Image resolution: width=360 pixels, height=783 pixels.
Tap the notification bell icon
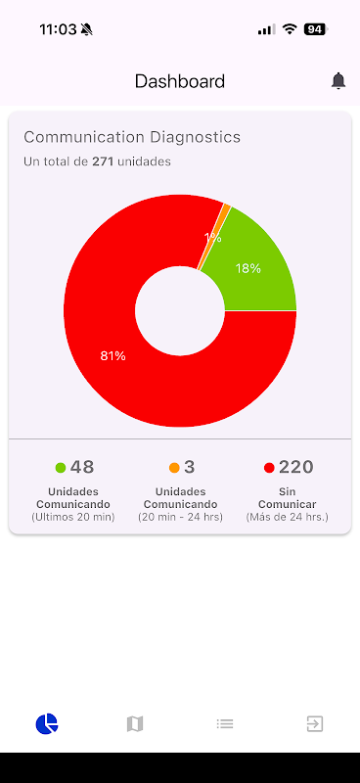click(338, 81)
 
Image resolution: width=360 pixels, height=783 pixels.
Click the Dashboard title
click(180, 81)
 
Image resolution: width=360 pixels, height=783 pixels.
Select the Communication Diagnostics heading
click(132, 137)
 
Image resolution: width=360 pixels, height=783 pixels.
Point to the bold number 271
click(104, 161)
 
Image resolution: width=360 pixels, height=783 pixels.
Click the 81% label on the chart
click(112, 356)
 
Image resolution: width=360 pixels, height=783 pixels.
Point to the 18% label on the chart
click(248, 268)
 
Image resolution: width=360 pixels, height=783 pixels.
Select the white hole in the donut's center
click(180, 310)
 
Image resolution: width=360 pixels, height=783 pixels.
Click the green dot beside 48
click(61, 468)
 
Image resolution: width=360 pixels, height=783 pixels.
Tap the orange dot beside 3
click(174, 468)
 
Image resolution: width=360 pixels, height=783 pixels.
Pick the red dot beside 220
click(269, 468)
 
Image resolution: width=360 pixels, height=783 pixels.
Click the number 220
click(296, 468)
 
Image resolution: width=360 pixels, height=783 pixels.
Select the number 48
click(82, 468)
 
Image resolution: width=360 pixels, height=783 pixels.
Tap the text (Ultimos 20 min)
click(73, 518)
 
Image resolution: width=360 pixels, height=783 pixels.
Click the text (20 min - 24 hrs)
click(180, 518)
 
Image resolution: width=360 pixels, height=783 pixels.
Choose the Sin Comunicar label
click(287, 498)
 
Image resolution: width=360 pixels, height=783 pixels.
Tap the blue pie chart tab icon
click(46, 723)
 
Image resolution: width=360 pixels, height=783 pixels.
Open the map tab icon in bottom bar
click(135, 723)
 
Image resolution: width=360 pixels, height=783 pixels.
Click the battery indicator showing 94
click(316, 29)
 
